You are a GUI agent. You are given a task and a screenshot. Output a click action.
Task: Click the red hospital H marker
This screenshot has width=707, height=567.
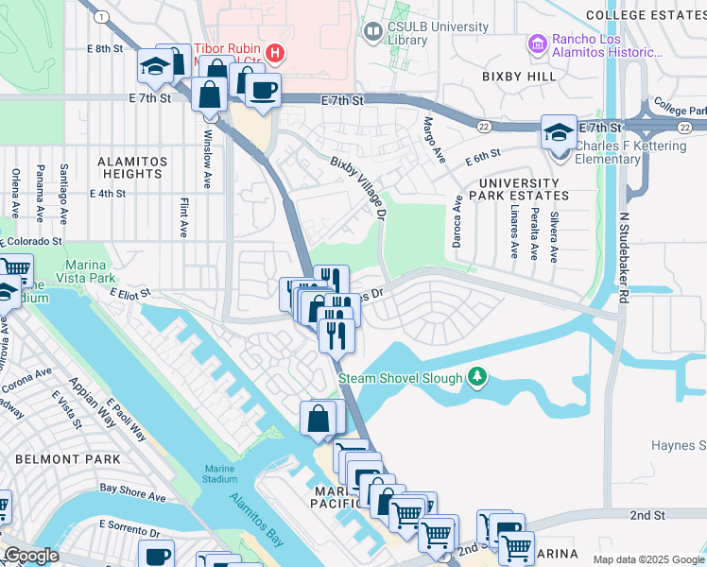click(x=274, y=53)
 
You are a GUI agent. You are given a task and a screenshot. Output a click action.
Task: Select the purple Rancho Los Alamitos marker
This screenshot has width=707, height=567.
click(x=537, y=43)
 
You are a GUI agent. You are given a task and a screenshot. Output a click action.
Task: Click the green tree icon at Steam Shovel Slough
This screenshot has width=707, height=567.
click(x=478, y=378)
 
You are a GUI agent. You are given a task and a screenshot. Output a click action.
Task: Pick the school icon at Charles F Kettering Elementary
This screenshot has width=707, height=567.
click(x=559, y=132)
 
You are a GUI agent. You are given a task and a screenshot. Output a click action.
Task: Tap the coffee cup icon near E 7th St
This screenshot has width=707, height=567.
click(x=263, y=91)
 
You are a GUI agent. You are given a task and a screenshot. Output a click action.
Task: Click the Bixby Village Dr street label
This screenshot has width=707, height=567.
click(x=359, y=189)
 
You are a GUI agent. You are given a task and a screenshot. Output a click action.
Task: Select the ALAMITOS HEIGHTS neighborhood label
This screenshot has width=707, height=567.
click(x=133, y=167)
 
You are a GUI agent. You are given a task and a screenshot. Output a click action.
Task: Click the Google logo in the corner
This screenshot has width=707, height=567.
click(x=31, y=556)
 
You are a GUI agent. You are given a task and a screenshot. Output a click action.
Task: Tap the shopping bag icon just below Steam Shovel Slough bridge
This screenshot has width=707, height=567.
click(x=319, y=418)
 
